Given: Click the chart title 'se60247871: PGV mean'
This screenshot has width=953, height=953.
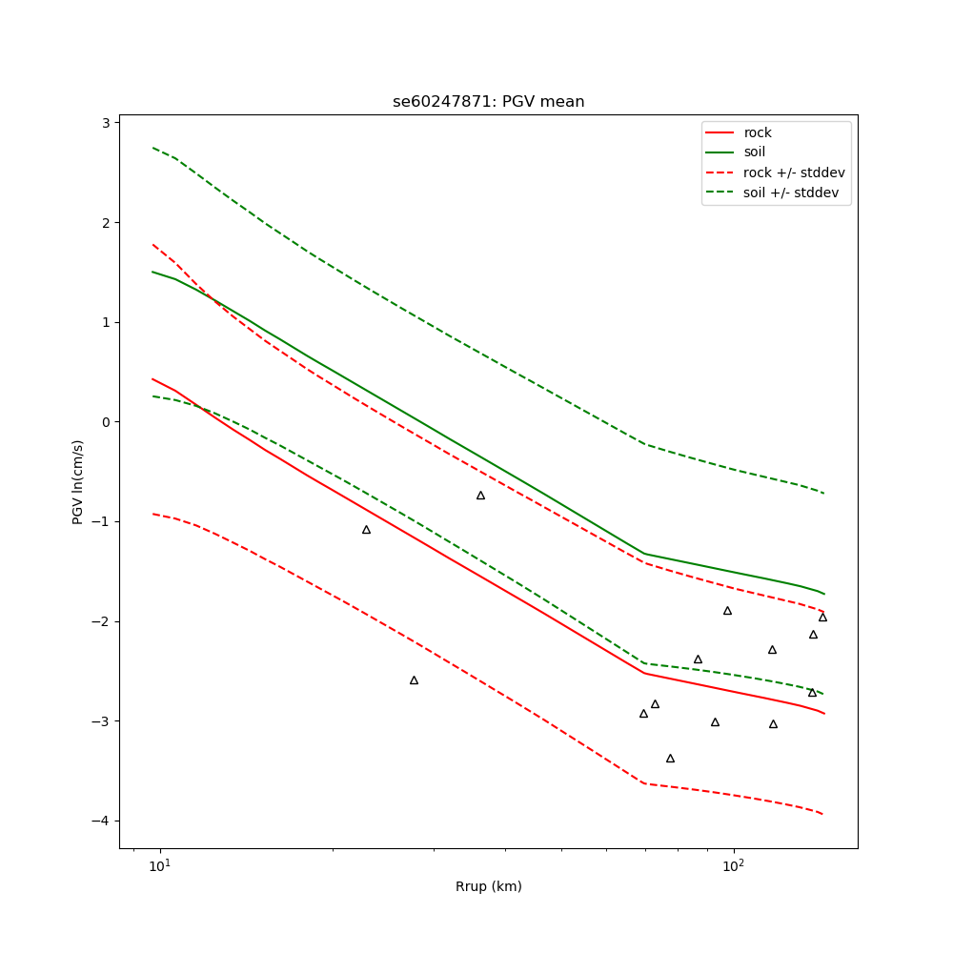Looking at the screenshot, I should pyautogui.click(x=488, y=102).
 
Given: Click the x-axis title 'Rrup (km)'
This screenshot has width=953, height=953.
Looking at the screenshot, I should pyautogui.click(x=488, y=886).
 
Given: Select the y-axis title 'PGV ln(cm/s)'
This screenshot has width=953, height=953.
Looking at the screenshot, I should pyautogui.click(x=78, y=481).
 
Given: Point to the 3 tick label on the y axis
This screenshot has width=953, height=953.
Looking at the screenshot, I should pyautogui.click(x=108, y=123).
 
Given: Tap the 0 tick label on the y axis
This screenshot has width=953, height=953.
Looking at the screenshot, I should pyautogui.click(x=108, y=422).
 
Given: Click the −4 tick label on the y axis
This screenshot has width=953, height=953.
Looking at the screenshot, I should pyautogui.click(x=104, y=821).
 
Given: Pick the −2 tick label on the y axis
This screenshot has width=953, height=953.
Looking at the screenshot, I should pyautogui.click(x=104, y=621).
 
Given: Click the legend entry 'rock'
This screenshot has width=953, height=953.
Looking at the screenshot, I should pyautogui.click(x=758, y=132).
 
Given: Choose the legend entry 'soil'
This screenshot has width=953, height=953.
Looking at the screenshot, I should pyautogui.click(x=755, y=152).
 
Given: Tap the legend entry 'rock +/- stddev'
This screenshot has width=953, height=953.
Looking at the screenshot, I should pyautogui.click(x=794, y=172).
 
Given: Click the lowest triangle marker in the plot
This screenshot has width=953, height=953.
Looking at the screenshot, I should pyautogui.click(x=670, y=759).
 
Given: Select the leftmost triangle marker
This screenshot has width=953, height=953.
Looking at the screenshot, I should pyautogui.click(x=366, y=530).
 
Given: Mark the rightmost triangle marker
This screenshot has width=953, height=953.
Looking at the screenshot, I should pyautogui.click(x=822, y=618).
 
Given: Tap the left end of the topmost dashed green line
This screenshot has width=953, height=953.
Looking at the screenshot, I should pyautogui.click(x=152, y=148).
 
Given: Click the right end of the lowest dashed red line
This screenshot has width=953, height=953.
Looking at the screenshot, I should pyautogui.click(x=823, y=814).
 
